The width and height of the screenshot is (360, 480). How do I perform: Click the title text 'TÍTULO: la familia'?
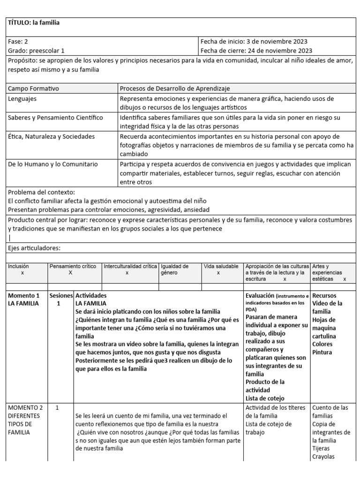[x=34, y=22]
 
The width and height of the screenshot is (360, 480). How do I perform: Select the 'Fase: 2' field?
[x=19, y=41]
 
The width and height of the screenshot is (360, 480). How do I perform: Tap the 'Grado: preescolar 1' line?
[x=37, y=51]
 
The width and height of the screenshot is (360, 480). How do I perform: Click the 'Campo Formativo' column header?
[x=33, y=88]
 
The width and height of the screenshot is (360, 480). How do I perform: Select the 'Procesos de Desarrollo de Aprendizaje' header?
[x=175, y=88]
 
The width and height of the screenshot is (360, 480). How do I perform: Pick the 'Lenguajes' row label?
[x=22, y=99]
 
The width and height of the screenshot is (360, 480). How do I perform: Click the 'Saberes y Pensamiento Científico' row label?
[x=55, y=117]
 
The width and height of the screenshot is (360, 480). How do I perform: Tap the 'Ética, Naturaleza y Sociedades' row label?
[x=52, y=136]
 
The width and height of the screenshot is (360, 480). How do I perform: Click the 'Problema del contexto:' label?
[x=41, y=192]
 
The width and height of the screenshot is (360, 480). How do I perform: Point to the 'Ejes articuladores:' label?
[x=35, y=248]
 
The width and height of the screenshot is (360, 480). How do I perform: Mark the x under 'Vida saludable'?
[x=218, y=273]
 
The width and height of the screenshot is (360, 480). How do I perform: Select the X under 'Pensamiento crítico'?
[x=70, y=272]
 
